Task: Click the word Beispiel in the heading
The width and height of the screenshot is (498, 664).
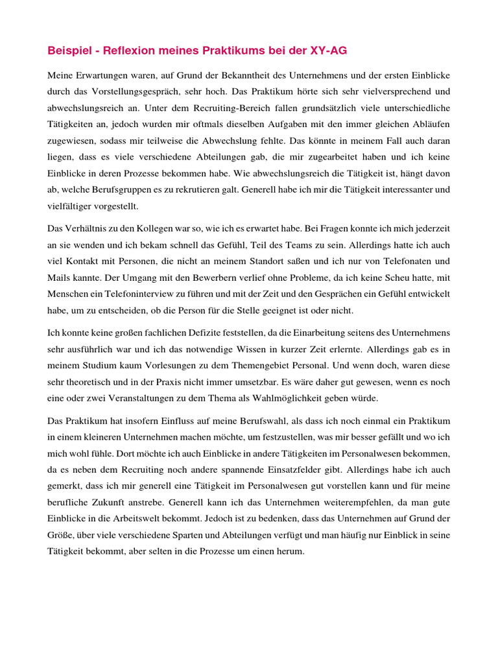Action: click(67, 51)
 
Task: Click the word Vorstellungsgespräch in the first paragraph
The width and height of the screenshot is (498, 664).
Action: click(123, 92)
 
